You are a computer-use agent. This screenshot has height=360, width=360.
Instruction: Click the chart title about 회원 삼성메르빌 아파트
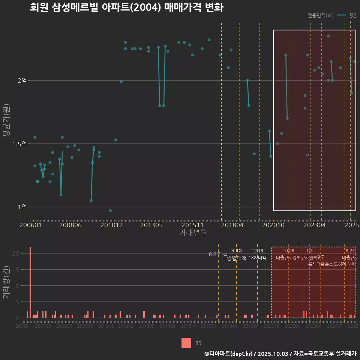point(127,7)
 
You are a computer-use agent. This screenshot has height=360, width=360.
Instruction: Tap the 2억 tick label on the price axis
point(23,81)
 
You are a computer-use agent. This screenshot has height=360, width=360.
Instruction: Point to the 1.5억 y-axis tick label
point(21,144)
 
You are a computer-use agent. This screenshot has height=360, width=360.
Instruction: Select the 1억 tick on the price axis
point(23,207)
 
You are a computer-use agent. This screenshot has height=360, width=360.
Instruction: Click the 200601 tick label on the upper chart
point(30,225)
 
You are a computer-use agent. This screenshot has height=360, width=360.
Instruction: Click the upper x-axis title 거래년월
point(193,233)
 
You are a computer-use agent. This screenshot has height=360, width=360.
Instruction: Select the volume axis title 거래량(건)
point(6,282)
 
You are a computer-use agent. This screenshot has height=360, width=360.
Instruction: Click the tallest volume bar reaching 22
point(30,282)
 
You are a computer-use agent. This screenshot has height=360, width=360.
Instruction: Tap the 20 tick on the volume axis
point(15,253)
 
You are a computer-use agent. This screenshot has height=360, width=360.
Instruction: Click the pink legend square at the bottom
point(186,343)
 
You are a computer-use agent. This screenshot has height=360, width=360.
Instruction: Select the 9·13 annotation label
point(237,250)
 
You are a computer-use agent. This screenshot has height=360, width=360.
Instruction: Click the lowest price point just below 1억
point(110,211)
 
